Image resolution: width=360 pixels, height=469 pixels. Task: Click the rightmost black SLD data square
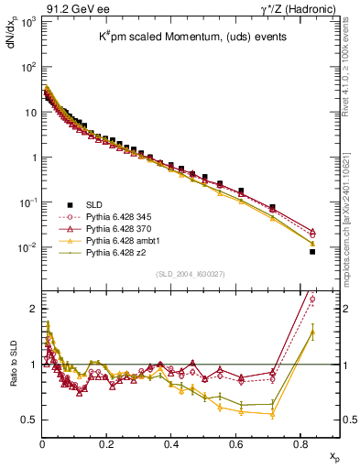tap(312, 251)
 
